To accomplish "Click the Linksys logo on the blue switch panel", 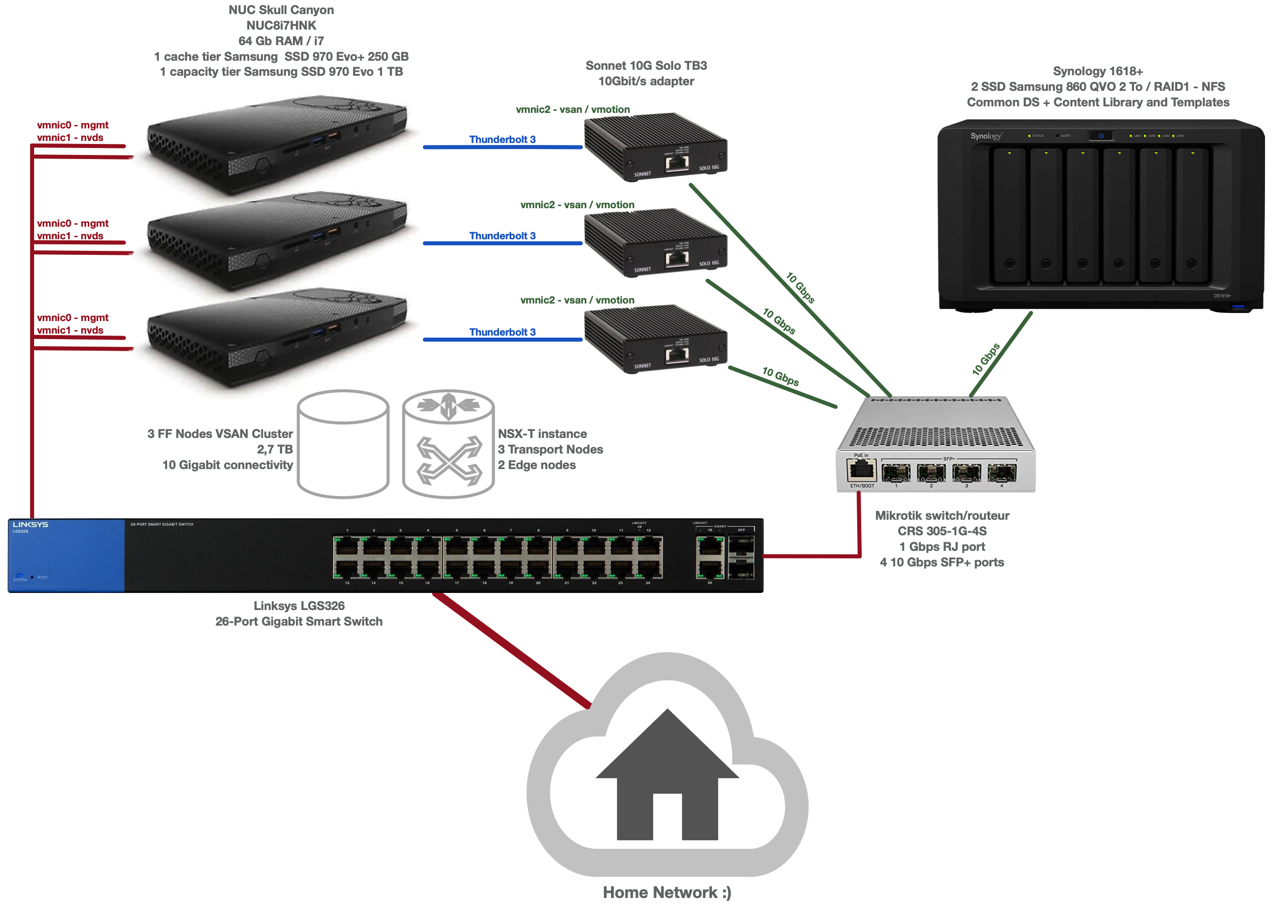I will pos(30,524).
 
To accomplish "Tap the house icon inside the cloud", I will pos(667,780).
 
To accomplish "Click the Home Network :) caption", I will pos(667,892).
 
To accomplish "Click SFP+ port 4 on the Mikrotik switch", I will pos(1001,473).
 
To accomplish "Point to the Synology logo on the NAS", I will pos(986,136).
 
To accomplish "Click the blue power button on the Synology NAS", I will pos(1101,135).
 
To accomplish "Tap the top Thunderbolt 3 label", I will pos(502,139).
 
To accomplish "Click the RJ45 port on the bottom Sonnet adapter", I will pos(677,354).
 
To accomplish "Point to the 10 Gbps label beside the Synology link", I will pos(986,359).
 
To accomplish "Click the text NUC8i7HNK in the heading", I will pos(281,25).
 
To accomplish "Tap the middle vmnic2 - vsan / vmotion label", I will pos(577,205).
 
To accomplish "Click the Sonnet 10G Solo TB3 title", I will pos(646,65).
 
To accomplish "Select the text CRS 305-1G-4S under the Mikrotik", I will pos(941,531).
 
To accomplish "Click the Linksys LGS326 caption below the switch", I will pos(298,606).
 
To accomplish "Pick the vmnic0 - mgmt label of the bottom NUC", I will pos(72,318).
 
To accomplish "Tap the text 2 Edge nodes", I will pos(537,465).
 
